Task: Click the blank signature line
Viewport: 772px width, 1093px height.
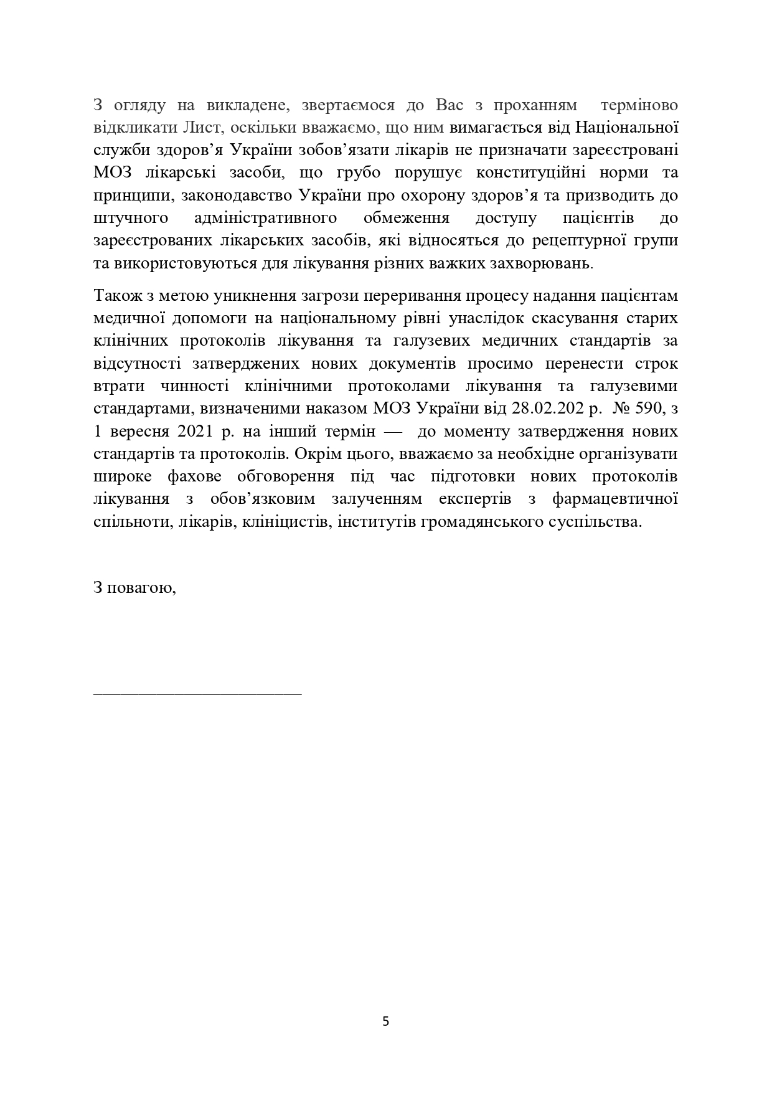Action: click(x=197, y=693)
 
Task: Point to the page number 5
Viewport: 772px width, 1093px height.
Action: click(x=385, y=1021)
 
